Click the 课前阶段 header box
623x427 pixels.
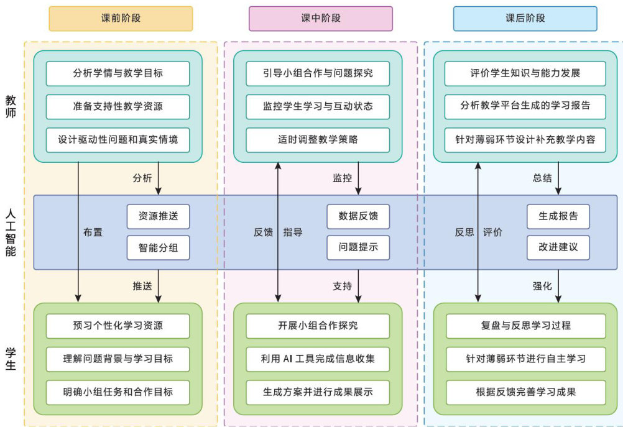click(x=121, y=18)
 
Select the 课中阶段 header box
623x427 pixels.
click(x=321, y=18)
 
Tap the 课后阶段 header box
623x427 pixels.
click(x=525, y=18)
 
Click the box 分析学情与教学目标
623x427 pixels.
click(x=118, y=73)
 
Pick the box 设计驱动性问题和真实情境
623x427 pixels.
click(x=118, y=140)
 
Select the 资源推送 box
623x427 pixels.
click(x=158, y=216)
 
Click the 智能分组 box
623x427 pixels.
click(x=158, y=247)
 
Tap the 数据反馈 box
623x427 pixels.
click(x=358, y=216)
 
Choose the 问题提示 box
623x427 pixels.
click(x=358, y=247)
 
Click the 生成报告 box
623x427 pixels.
click(x=558, y=216)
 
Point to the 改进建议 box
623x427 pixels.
click(x=558, y=247)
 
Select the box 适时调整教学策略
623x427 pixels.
click(x=318, y=140)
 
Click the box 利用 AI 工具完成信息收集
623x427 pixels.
click(x=318, y=359)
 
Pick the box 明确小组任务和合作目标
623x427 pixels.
click(x=118, y=392)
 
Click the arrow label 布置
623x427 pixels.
click(x=93, y=232)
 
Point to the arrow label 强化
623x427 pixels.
click(x=542, y=287)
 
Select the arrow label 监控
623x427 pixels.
click(x=342, y=178)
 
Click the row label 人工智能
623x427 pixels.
click(x=11, y=232)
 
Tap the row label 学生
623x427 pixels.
click(x=11, y=359)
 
